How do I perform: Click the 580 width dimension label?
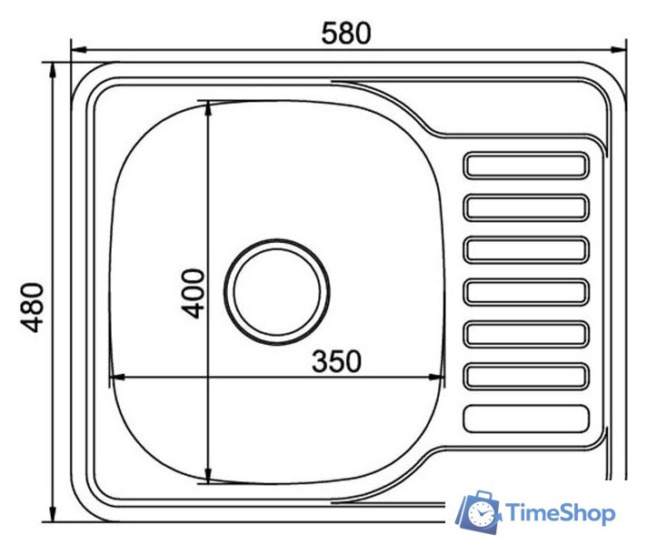[346, 34]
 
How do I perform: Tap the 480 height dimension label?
[32, 308]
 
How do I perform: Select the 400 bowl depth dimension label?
[194, 293]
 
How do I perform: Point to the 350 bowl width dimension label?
[336, 361]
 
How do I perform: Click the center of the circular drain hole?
[277, 291]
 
